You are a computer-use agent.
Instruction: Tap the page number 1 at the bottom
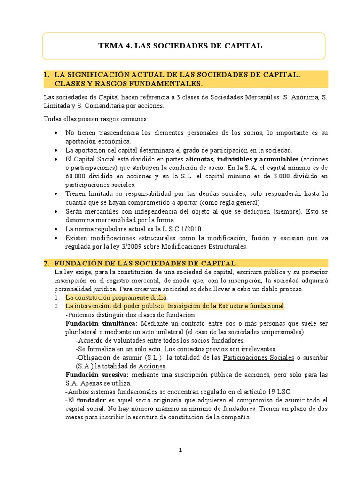tap(180, 450)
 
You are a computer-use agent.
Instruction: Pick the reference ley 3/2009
tap(136, 246)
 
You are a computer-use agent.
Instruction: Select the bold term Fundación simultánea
tap(102, 324)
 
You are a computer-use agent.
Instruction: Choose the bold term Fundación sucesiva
tap(98, 375)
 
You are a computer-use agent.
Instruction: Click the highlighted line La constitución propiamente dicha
tap(116, 298)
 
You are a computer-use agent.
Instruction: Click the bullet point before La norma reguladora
tap(57, 229)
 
